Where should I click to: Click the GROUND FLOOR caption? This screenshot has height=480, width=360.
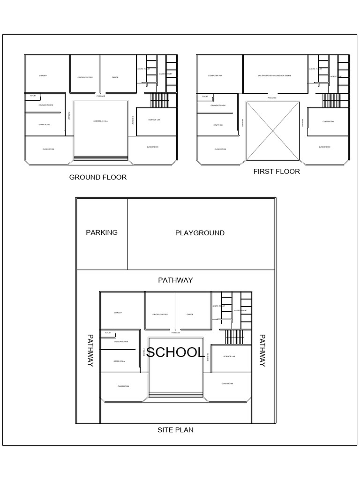[98, 177]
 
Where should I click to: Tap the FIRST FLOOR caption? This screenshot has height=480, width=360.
[277, 172]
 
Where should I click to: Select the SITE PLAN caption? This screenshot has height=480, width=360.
[176, 429]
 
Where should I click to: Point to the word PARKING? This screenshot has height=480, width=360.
[102, 232]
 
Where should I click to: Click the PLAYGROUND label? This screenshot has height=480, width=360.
[200, 233]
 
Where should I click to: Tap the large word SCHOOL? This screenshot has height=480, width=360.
[175, 352]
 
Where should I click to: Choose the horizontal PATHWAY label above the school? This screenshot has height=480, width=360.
[175, 280]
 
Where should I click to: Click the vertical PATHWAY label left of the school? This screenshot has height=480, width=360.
[90, 350]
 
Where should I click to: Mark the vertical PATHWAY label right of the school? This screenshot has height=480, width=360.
[262, 350]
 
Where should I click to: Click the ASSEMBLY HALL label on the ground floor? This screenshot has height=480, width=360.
[101, 121]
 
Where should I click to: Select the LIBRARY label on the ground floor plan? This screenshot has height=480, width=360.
[43, 75]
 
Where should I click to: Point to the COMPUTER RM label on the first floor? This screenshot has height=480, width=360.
[214, 75]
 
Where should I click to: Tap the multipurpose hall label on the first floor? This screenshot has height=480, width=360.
[274, 75]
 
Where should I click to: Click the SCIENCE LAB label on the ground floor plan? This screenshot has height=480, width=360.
[155, 120]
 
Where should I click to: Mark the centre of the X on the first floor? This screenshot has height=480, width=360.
[273, 131]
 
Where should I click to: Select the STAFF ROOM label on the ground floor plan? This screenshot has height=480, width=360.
[45, 125]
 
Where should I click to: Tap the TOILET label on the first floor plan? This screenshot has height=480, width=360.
[205, 97]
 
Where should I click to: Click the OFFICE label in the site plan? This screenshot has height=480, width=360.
[190, 315]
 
